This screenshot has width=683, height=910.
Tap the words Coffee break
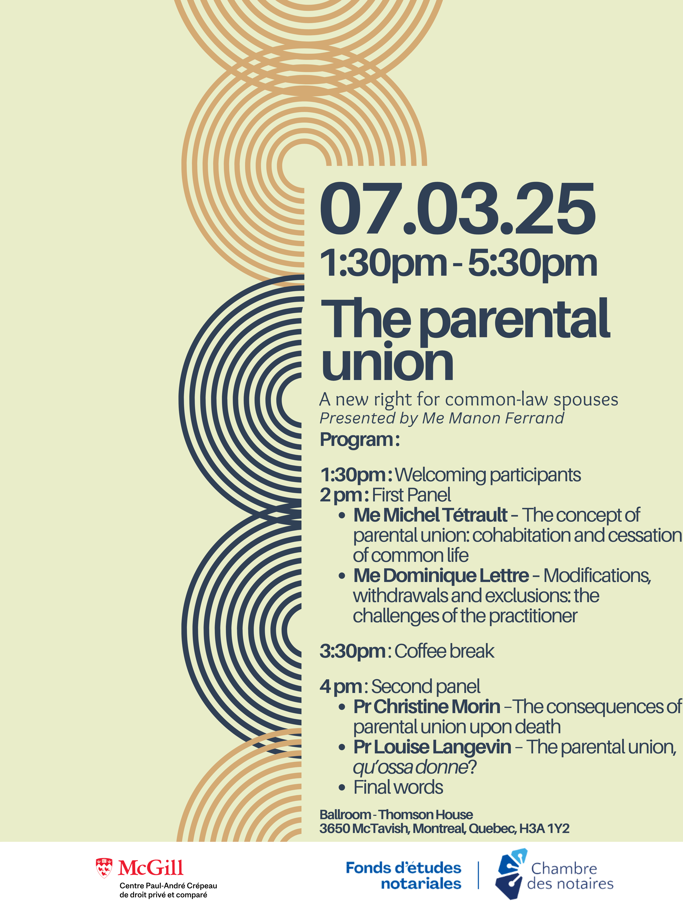(444, 651)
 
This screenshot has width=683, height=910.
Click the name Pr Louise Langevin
(432, 747)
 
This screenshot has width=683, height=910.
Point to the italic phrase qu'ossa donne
(410, 767)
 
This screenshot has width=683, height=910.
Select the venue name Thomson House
(426, 815)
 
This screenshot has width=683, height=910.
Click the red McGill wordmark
(151, 868)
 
